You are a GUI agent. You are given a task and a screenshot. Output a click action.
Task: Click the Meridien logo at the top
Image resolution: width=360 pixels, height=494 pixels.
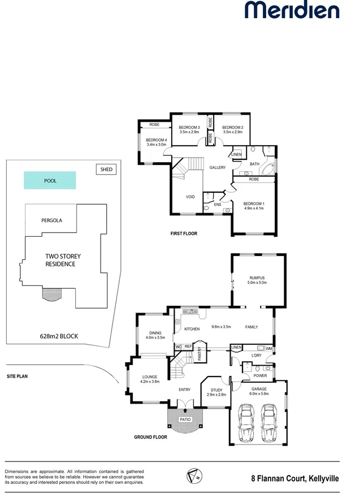292,11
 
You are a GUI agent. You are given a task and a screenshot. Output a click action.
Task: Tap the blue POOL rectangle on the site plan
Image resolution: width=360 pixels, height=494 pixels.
50,181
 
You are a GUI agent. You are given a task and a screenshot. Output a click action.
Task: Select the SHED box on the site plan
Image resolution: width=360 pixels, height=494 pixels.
106,169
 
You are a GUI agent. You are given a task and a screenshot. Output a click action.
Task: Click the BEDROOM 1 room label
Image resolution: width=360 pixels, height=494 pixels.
253,203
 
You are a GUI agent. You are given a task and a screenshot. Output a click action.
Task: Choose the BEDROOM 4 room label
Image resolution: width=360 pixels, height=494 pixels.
155,140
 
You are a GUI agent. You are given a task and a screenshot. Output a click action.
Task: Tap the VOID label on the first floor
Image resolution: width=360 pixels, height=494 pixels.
190,197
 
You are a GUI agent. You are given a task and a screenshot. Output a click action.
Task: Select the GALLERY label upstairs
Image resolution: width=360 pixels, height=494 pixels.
218,167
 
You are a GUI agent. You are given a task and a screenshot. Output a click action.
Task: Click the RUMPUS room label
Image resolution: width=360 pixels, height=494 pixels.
257,278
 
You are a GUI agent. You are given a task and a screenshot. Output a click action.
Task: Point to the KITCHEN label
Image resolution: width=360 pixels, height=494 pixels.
192,328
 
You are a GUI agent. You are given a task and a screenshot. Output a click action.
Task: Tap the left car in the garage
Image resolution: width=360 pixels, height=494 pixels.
246,423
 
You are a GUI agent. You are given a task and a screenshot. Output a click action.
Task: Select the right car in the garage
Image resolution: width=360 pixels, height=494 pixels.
270,423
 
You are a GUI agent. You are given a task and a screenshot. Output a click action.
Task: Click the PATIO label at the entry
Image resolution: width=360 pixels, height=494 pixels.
185,419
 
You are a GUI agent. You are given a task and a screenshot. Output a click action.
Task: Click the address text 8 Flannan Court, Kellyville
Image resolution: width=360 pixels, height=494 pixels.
295,479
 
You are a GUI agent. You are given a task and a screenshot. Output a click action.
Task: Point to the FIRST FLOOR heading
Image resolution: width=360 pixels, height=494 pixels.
184,233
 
